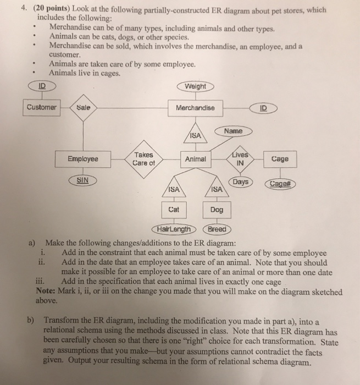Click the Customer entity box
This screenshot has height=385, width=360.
[41, 107]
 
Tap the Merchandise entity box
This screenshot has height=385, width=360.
[195, 108]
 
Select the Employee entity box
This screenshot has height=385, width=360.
[82, 159]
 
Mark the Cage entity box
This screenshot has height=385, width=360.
[284, 159]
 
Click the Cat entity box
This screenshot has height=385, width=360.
[174, 210]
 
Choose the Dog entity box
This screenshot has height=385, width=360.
[217, 210]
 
